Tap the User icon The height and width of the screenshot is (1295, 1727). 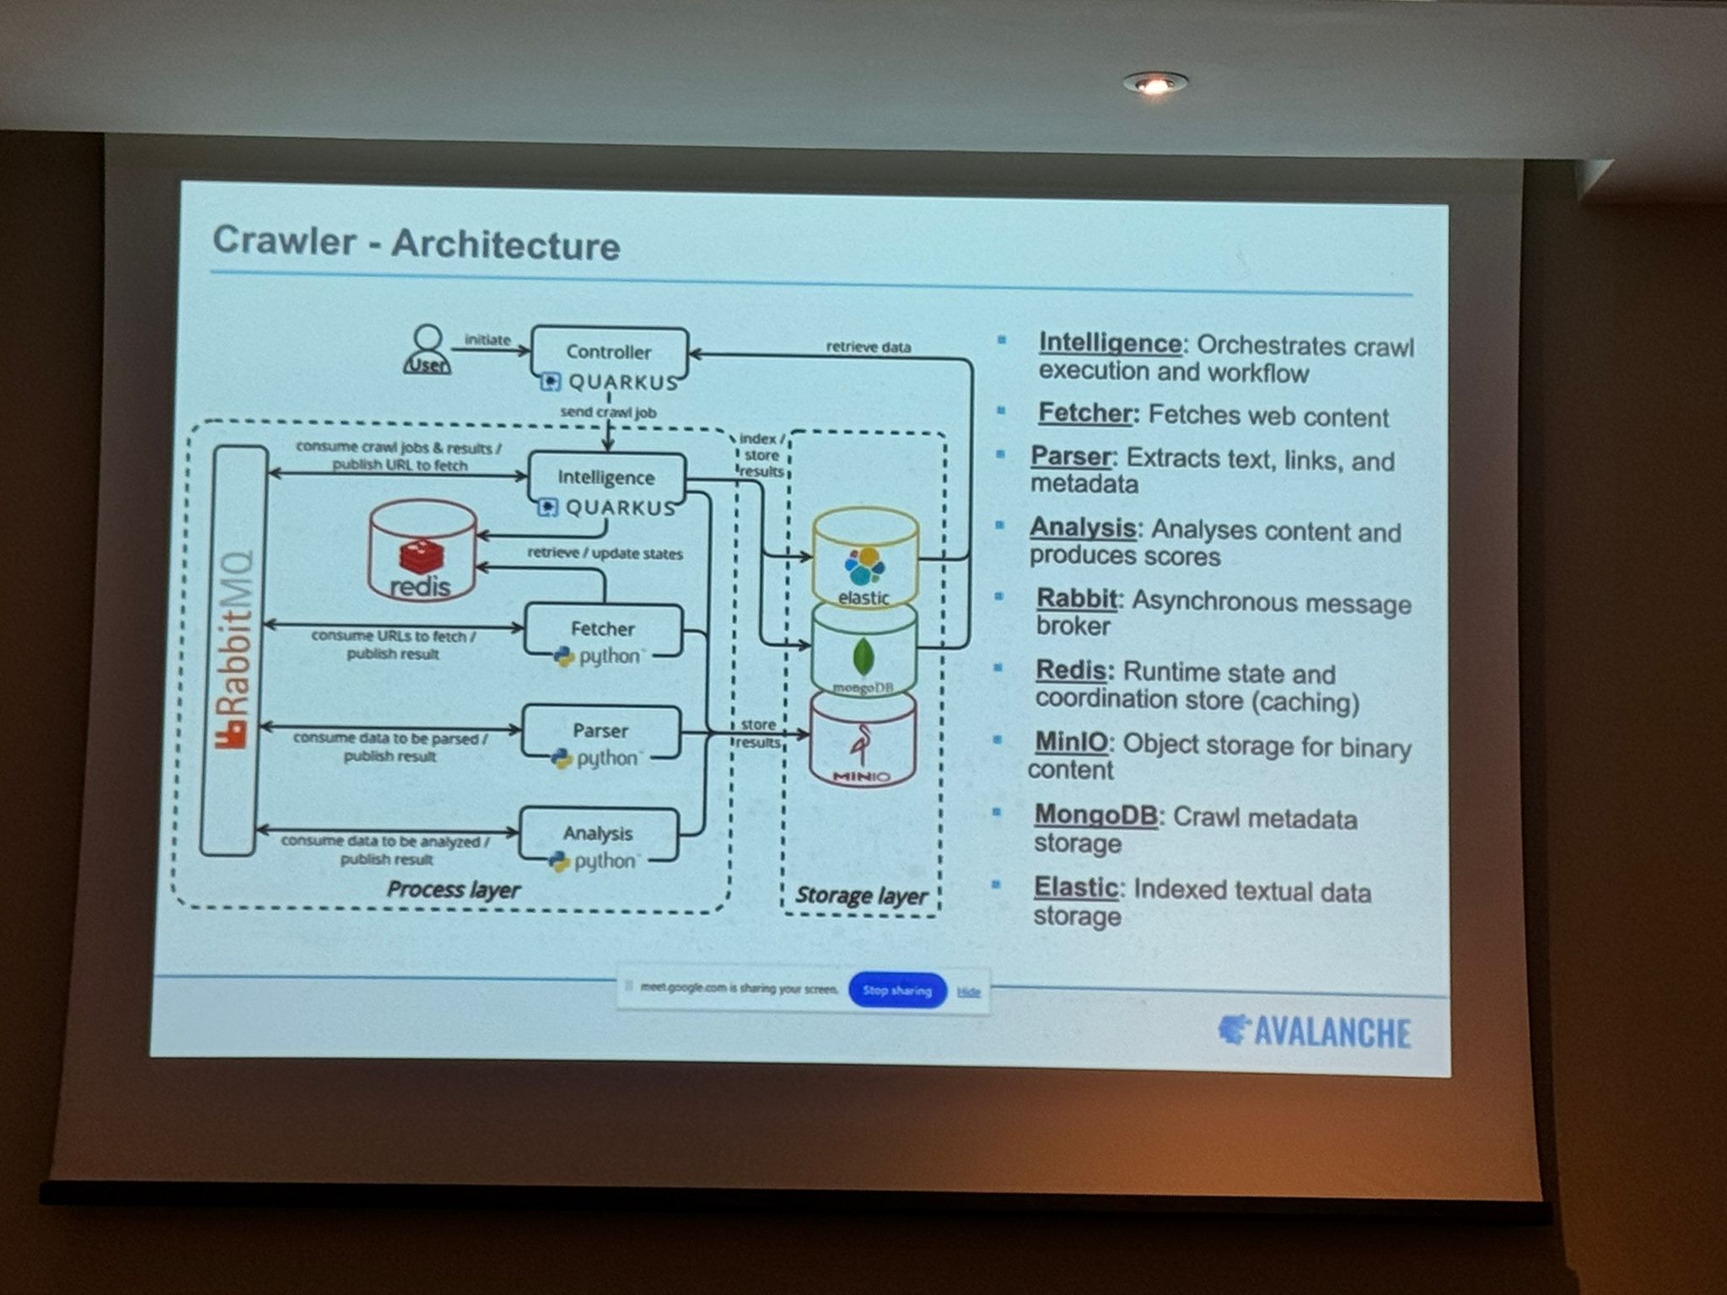pos(428,349)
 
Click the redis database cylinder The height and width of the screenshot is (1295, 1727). pos(422,550)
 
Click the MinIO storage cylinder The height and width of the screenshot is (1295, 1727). pos(862,742)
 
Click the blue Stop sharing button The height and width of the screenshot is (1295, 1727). pos(897,990)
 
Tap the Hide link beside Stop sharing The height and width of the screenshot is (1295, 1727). pos(969,992)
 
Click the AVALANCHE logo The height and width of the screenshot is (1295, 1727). pos(1315,1032)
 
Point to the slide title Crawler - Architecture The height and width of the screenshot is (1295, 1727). pos(416,243)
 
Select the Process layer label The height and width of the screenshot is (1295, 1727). pos(453,889)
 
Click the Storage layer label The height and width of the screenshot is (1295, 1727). pos(861,895)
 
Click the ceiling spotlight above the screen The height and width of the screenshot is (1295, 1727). pos(1154,83)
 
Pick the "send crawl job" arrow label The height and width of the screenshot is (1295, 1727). pos(608,412)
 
